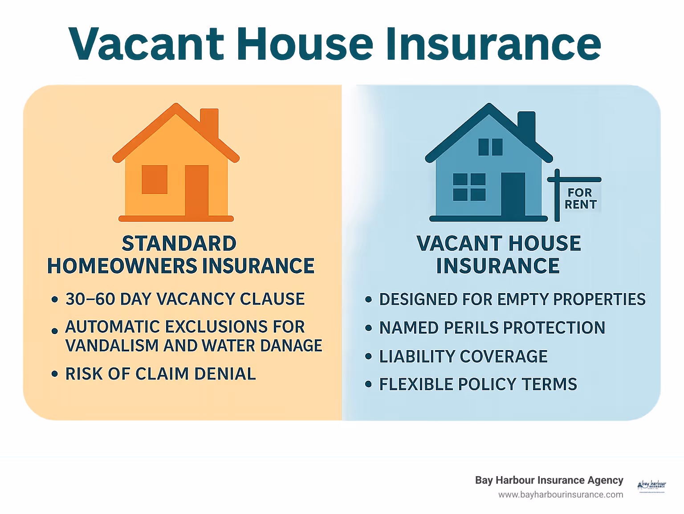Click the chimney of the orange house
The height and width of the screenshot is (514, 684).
(209, 122)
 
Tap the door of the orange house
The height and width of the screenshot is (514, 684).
(197, 191)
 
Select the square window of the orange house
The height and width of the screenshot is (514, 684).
(155, 179)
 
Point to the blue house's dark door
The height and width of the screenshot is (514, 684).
(513, 195)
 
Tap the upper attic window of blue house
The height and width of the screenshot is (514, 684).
(490, 147)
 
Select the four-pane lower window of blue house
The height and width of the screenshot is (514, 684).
(469, 187)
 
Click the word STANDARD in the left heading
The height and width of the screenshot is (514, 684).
(179, 244)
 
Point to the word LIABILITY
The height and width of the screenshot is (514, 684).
(417, 357)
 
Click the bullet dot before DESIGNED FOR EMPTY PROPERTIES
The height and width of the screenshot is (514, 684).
(368, 300)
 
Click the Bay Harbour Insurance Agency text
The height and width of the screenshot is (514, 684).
(549, 480)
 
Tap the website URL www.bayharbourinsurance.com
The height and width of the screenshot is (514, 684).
(561, 494)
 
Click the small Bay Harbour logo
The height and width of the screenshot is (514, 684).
(652, 486)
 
